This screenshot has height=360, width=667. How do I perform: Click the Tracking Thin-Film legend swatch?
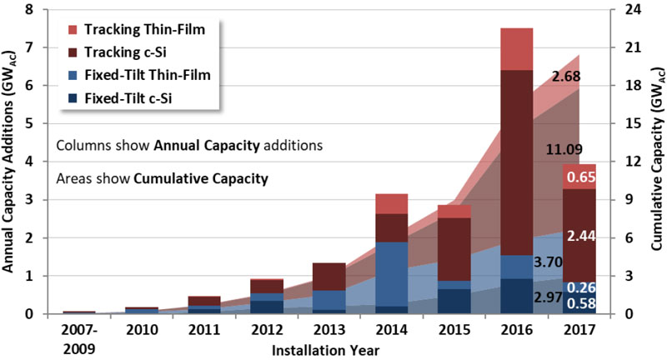click(71, 30)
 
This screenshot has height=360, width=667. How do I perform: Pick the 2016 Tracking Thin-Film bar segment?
click(517, 49)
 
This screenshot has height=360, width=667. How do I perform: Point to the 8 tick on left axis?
click(30, 10)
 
